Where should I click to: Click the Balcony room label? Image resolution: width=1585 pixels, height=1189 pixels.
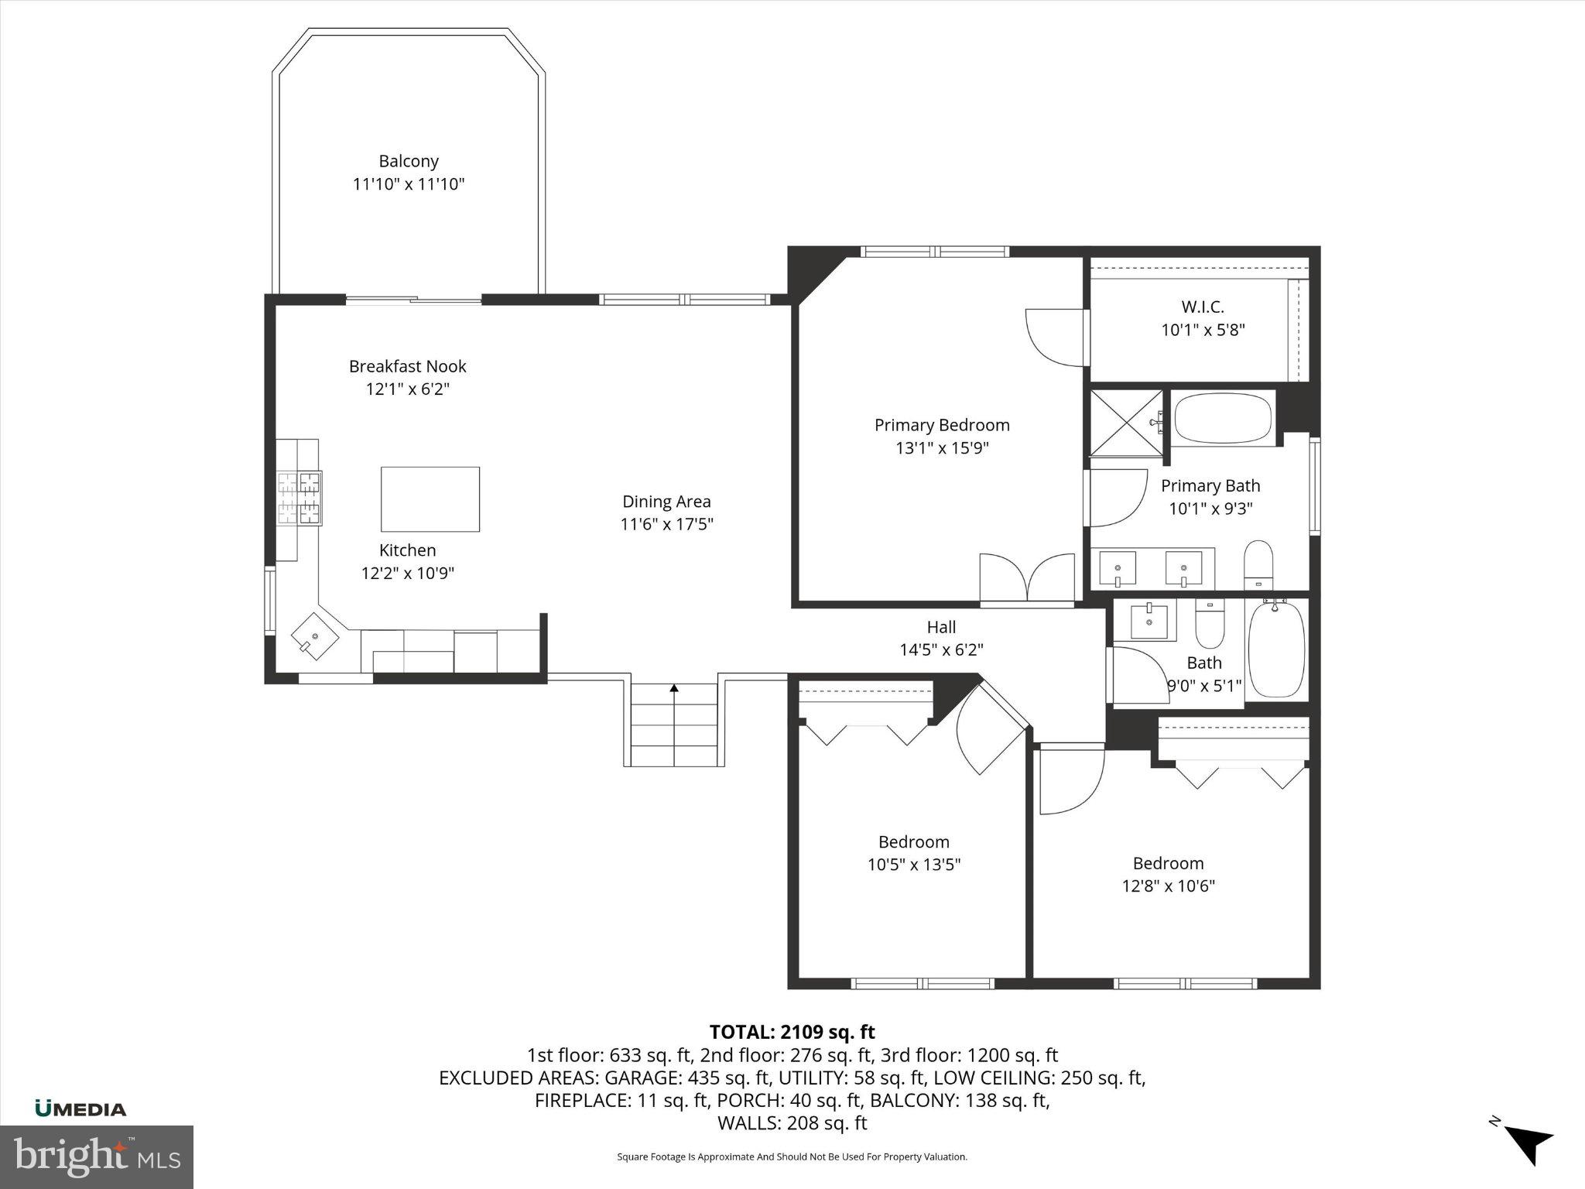409,161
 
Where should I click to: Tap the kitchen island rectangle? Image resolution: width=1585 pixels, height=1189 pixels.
430,499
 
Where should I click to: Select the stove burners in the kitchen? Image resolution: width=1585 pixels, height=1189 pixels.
300,498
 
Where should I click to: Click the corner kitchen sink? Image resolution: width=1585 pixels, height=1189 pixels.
316,636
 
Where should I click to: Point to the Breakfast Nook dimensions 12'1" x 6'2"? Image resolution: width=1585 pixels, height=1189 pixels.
408,389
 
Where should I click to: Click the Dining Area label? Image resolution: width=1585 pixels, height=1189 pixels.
666,502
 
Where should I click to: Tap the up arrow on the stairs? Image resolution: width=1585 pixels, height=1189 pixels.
674,687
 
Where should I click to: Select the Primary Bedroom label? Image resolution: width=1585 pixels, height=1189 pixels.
942,425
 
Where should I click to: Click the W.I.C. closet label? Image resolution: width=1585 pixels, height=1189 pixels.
1203,307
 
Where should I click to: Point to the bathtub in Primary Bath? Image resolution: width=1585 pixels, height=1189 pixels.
1223,418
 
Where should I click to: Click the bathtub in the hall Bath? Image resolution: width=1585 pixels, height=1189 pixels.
1276,650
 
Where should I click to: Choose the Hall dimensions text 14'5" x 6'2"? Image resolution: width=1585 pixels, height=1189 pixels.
941,649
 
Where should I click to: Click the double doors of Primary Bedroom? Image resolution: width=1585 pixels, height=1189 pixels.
1027,577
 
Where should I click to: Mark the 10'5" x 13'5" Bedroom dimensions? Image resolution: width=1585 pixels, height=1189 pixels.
914,864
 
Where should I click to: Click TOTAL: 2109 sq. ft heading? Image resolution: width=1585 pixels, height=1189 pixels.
792,1032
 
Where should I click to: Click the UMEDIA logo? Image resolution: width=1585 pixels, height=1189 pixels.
80,1109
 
